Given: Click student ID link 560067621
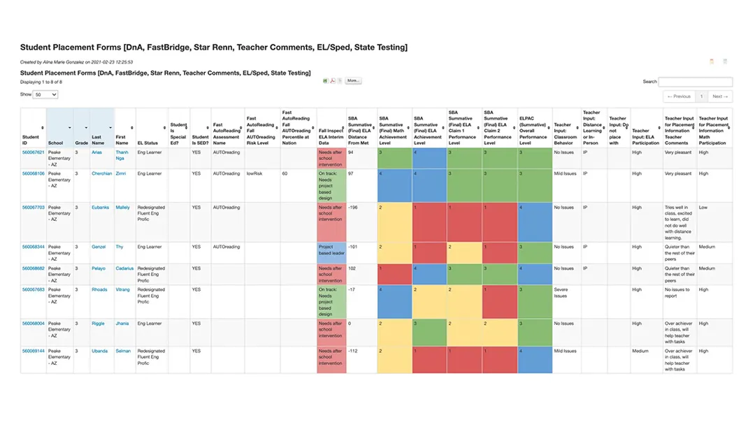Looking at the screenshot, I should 33,152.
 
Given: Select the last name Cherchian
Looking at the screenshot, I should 101,173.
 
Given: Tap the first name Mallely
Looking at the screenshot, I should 122,208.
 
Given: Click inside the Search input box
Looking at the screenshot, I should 696,82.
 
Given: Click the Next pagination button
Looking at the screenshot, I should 720,96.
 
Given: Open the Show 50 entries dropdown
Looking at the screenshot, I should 45,94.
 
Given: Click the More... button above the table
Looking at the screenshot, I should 353,81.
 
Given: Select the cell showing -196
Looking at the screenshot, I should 354,208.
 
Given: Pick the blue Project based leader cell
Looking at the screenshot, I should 331,250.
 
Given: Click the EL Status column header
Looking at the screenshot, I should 148,143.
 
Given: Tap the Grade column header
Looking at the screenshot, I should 82,143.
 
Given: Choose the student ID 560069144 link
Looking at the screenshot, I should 33,351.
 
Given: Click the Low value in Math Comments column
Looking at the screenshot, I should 703,208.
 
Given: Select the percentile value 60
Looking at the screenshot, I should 285,173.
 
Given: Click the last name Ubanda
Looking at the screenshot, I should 101,351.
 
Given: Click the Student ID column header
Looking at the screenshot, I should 31,137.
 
